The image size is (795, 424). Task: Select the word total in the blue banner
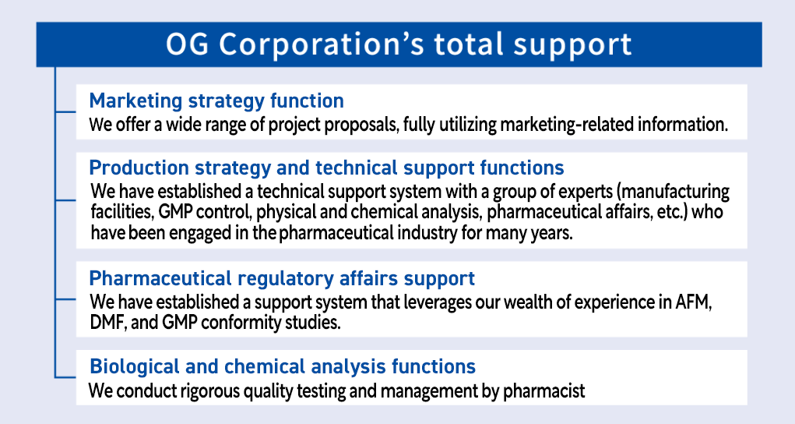click(469, 44)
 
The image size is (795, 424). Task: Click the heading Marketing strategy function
click(216, 101)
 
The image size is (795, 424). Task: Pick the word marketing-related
click(567, 124)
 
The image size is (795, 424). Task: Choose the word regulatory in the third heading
click(286, 278)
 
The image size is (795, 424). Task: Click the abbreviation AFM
click(693, 302)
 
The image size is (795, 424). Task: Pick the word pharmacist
click(543, 391)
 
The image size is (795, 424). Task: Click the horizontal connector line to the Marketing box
click(65, 111)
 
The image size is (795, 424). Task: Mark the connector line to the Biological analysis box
click(65, 377)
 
